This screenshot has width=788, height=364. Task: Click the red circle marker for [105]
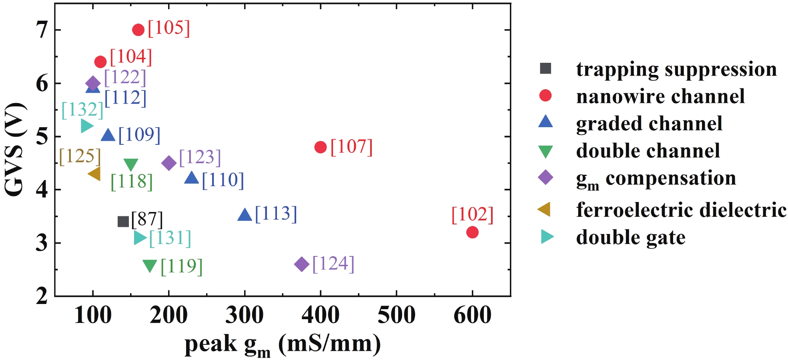click(138, 30)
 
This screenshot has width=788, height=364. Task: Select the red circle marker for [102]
click(472, 232)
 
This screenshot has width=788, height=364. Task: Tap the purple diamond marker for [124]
click(302, 264)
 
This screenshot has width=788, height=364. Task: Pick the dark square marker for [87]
click(123, 222)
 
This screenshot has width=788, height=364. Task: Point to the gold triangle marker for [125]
click(95, 174)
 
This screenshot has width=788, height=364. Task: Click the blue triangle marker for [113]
click(245, 215)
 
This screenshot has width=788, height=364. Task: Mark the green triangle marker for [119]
click(150, 265)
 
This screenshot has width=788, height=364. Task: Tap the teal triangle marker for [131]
click(140, 238)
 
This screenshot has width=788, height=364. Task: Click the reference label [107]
click(351, 147)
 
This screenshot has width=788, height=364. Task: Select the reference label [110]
click(223, 180)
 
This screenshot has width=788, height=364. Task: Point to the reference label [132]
click(82, 110)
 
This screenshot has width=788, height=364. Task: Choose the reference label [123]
click(200, 157)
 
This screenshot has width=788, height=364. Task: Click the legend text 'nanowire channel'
click(660, 96)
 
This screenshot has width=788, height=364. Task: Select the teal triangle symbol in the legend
click(546, 237)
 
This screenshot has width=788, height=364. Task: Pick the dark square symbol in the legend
click(545, 69)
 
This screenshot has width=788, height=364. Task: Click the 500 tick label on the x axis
click(396, 315)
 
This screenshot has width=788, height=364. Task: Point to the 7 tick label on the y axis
click(42, 30)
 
